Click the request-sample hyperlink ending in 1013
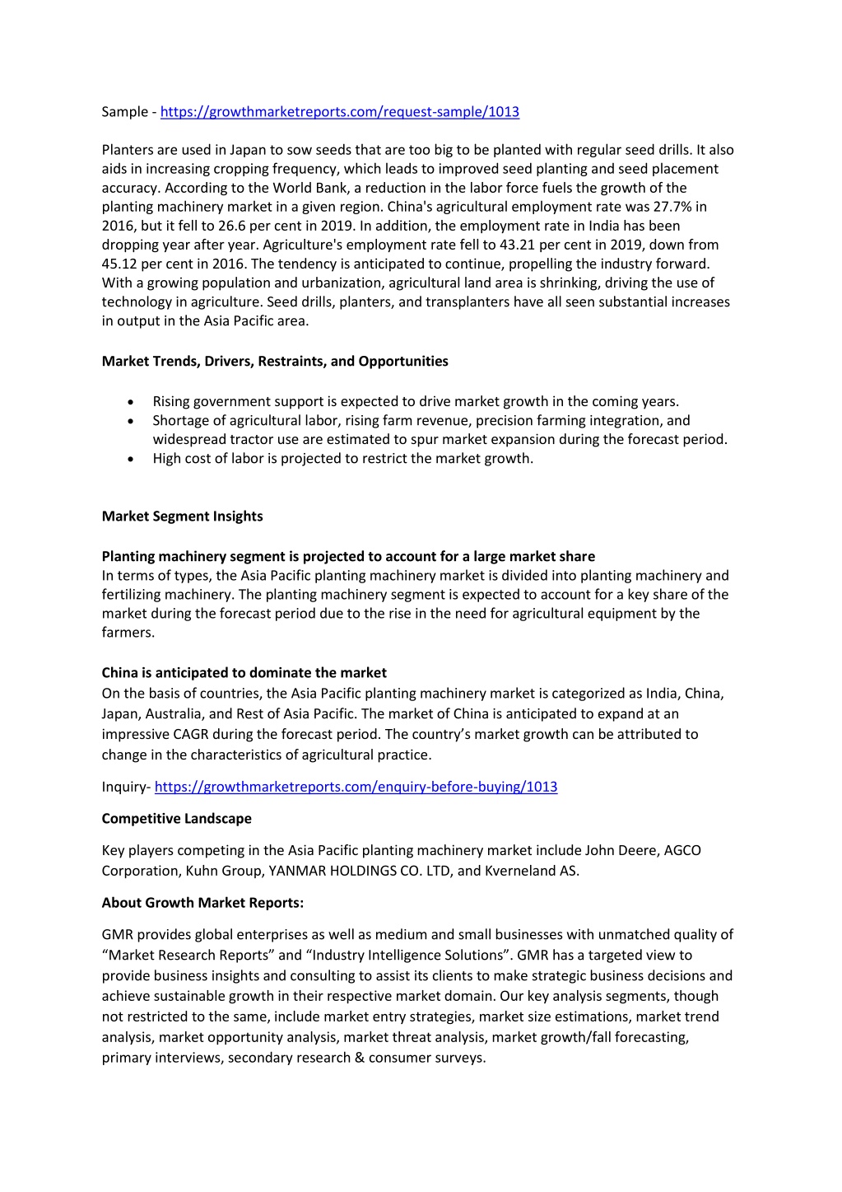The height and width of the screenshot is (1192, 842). [339, 112]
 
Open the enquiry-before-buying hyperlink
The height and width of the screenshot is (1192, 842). [356, 787]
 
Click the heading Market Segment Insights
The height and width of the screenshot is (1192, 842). [182, 517]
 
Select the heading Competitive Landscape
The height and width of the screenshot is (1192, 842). [176, 819]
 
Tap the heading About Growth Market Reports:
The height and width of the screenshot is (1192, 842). [202, 903]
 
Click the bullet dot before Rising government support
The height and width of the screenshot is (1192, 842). [131, 402]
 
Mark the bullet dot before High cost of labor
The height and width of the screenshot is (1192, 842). [131, 459]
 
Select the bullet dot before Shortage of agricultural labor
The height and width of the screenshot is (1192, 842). [131, 421]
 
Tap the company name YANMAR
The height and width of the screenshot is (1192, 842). [295, 871]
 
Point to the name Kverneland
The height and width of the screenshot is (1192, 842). [520, 871]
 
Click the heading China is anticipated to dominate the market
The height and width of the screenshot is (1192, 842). [244, 673]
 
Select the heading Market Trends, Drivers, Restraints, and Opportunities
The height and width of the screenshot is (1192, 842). [275, 362]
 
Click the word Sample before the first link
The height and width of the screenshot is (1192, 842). [124, 112]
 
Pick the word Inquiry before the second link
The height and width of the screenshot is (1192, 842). [123, 787]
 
